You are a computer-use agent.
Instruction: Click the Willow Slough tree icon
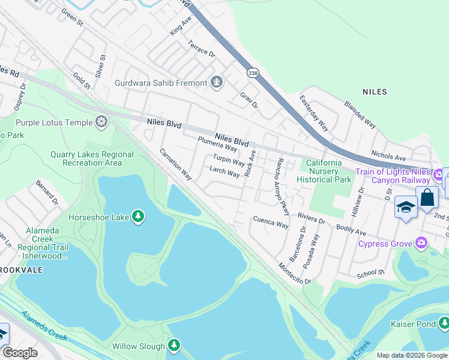pos(174,346)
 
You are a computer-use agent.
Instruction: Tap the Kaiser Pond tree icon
pos(444,324)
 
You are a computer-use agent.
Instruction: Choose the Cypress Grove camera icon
pos(421,243)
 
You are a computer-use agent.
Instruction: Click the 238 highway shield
pos(252,72)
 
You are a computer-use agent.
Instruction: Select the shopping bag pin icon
pos(427,197)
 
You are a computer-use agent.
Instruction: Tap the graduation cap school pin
pos(406,207)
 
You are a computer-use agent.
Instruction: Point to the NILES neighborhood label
pos(375,92)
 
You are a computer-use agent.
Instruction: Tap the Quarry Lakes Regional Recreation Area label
pos(92,158)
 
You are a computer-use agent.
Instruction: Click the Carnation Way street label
pos(176,164)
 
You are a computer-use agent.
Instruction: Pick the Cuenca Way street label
pos(271,224)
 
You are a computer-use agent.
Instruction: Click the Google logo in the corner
pos(20,353)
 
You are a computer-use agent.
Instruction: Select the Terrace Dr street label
pos(201,49)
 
